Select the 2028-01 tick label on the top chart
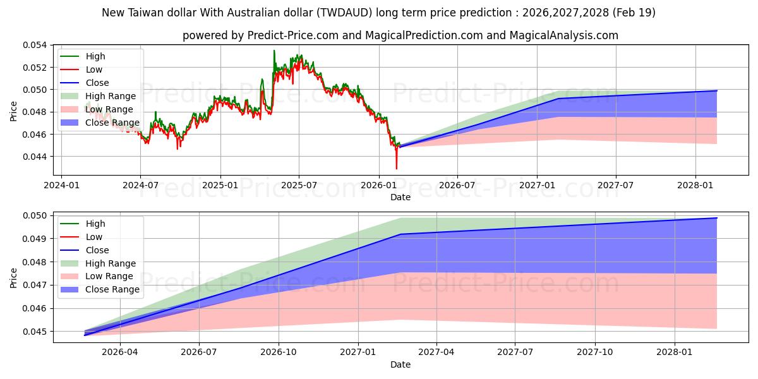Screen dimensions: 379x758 click(x=695, y=185)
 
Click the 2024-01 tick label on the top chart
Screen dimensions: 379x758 click(x=61, y=185)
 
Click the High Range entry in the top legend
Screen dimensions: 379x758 click(x=111, y=96)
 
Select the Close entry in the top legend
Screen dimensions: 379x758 click(x=97, y=83)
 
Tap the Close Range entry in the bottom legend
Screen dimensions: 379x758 click(x=112, y=289)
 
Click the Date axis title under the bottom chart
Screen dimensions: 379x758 click(x=400, y=364)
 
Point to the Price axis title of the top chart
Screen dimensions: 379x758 click(x=14, y=111)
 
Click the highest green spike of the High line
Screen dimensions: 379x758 click(x=274, y=51)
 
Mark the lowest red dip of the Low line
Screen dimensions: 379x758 click(x=397, y=168)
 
